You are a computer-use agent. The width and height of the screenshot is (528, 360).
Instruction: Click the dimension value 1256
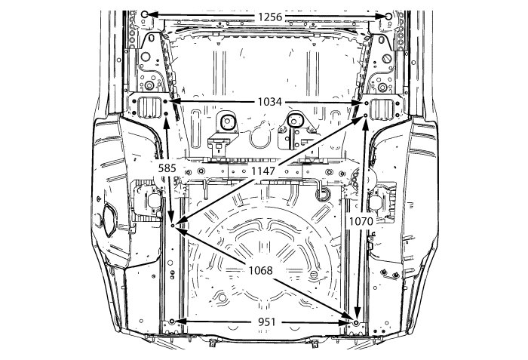270,17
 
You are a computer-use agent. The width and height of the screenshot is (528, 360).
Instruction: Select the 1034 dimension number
270,102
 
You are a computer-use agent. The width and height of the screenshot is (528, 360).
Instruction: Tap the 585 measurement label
167,168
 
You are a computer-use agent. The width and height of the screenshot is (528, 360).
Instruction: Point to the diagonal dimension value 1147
263,171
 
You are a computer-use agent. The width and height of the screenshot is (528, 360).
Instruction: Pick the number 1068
261,270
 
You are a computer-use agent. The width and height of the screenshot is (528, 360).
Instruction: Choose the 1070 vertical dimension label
361,221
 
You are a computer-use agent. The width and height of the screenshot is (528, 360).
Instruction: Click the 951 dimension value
267,322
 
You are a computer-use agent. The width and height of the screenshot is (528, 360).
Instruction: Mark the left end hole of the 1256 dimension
145,14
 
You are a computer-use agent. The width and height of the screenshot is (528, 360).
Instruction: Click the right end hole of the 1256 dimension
388,16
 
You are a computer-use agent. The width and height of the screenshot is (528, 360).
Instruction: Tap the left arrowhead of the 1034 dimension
174,101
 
